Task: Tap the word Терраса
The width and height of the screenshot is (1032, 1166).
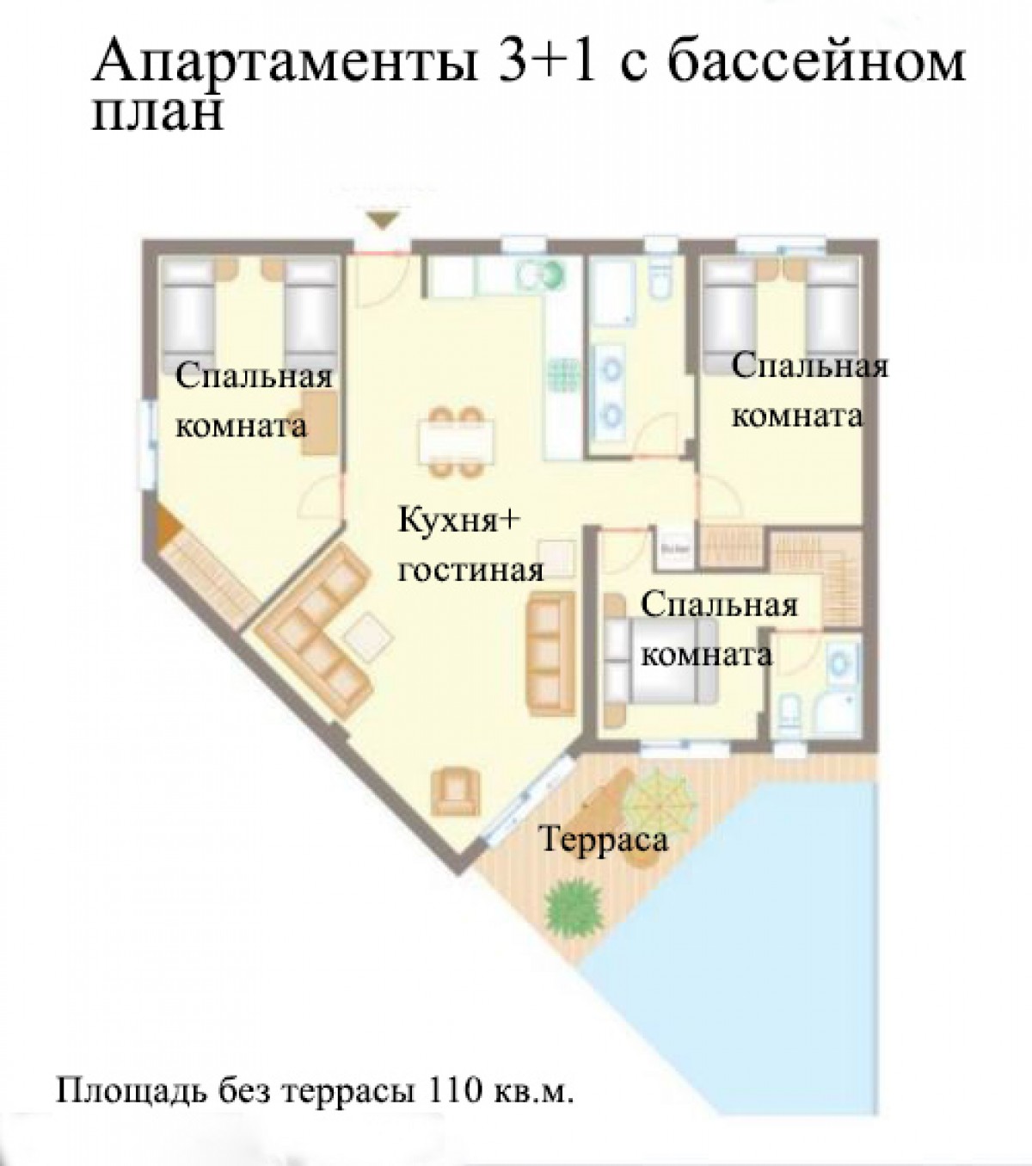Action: click(604, 840)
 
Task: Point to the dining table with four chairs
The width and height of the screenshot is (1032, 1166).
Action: click(456, 442)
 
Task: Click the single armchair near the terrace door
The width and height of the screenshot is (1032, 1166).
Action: click(456, 793)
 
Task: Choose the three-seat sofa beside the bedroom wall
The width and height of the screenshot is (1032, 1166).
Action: click(551, 653)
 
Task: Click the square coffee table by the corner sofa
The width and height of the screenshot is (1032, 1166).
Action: click(368, 637)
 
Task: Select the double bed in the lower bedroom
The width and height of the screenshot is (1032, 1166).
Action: click(661, 661)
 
